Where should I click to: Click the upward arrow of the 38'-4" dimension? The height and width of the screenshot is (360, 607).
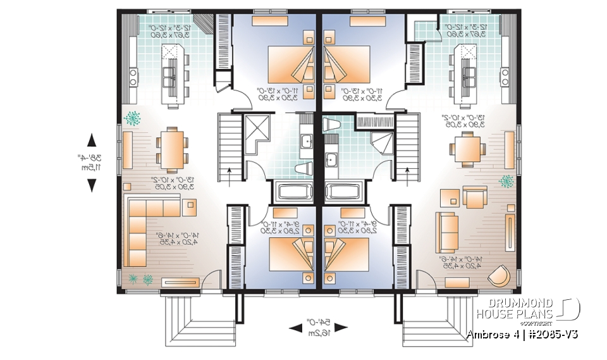click(x=92, y=140)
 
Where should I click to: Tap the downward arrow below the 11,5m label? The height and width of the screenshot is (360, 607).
click(x=92, y=185)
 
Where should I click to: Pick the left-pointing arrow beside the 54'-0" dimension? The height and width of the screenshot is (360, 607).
click(x=295, y=328)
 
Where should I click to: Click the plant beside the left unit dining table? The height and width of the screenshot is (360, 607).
click(x=133, y=118)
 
